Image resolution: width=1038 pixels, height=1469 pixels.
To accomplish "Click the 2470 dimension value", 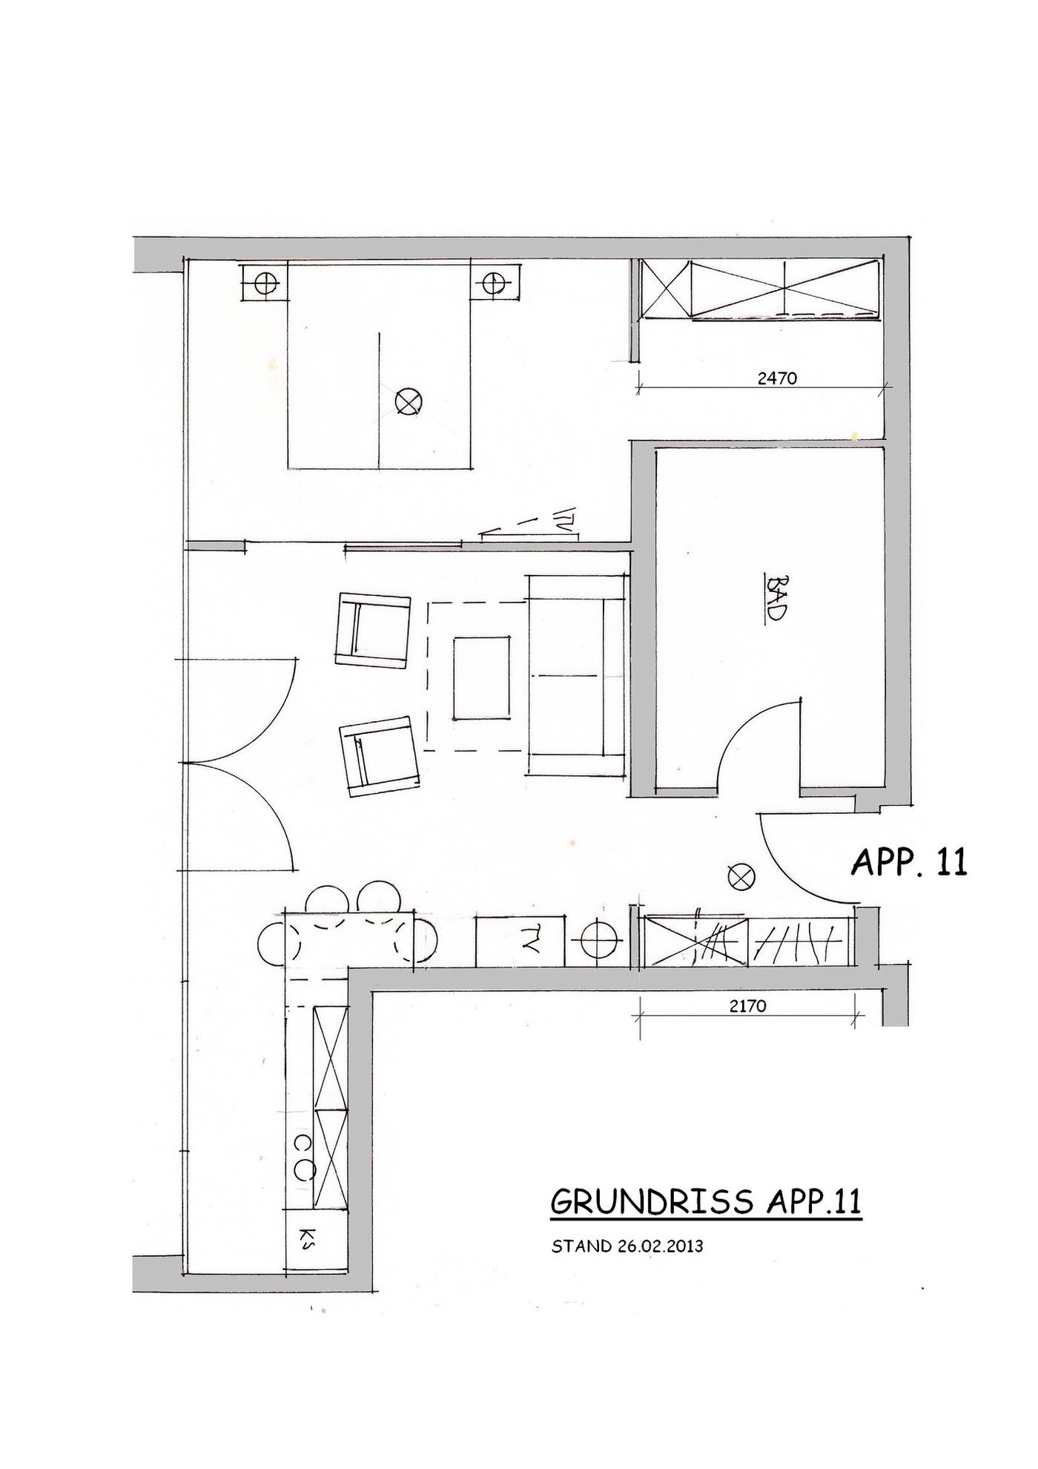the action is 777,378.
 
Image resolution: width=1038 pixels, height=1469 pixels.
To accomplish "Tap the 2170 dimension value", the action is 748,1006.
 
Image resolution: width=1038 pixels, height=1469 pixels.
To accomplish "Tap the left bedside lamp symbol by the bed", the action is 265,283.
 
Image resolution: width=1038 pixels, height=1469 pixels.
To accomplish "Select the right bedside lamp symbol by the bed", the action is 493,283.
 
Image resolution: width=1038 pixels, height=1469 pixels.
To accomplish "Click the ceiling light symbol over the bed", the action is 408,402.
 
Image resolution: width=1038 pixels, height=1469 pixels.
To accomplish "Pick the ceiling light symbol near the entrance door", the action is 741,877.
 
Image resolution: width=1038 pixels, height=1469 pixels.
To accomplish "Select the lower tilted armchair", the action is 380,756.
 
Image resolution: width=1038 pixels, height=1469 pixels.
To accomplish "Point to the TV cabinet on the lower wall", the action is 520,941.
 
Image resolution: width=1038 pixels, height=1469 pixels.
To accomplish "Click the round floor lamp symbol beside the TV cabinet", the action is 600,941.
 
